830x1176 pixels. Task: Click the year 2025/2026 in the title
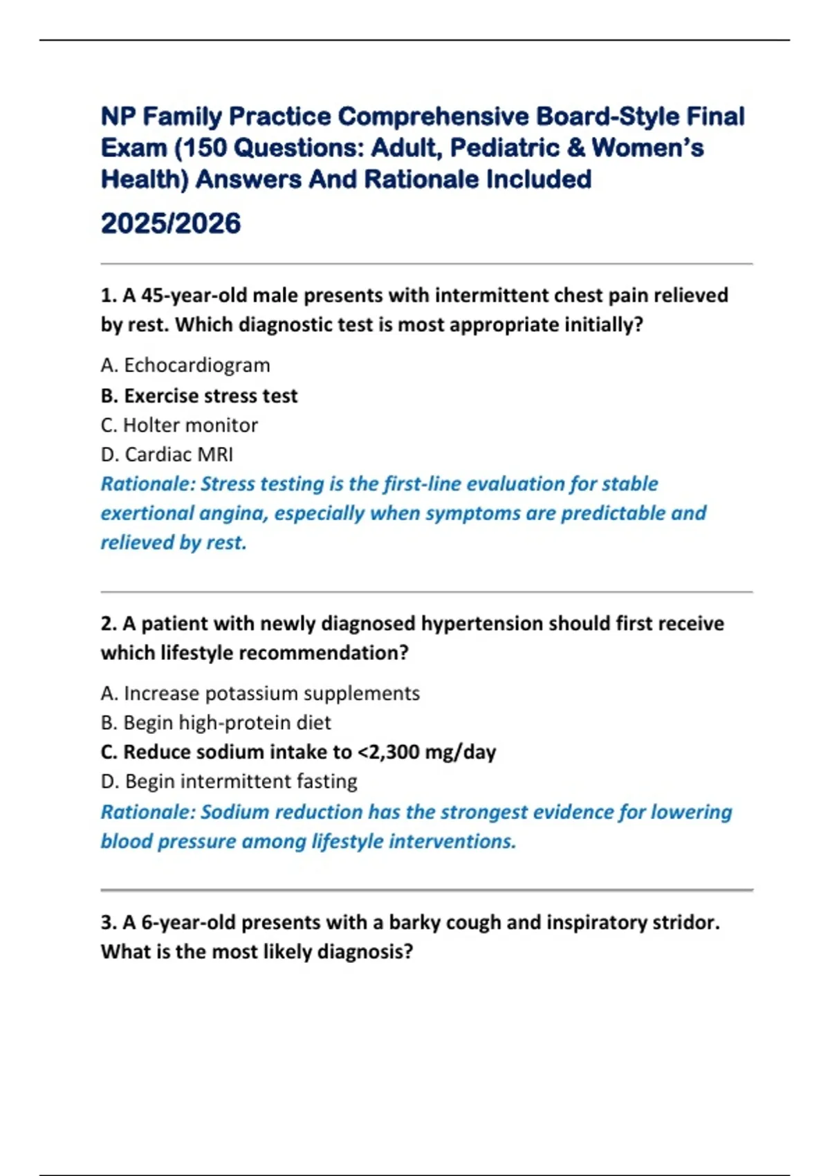pyautogui.click(x=171, y=223)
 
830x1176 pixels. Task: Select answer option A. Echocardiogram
pyautogui.click(x=185, y=365)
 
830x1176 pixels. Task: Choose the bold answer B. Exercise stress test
pyautogui.click(x=199, y=396)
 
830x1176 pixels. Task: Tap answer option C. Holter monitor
pyautogui.click(x=179, y=425)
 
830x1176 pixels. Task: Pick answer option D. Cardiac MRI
pyautogui.click(x=167, y=454)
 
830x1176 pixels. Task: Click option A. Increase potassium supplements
pyautogui.click(x=260, y=693)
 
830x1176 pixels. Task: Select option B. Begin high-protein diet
pyautogui.click(x=216, y=723)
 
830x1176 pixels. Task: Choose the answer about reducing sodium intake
pyautogui.click(x=298, y=752)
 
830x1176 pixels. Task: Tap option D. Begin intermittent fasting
pyautogui.click(x=229, y=782)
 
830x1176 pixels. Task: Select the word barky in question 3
pyautogui.click(x=414, y=923)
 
